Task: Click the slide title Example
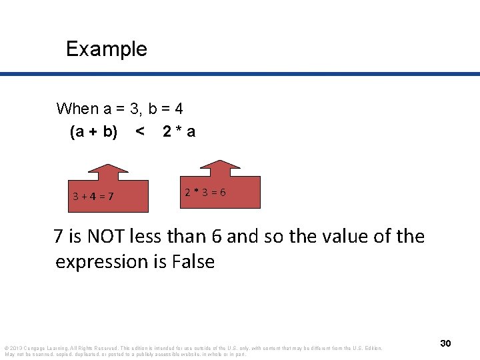pos(107,49)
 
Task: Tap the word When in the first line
pos(77,109)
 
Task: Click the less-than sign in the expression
pos(139,132)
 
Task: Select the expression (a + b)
pos(93,132)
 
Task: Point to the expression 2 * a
pos(179,132)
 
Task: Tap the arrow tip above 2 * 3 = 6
pos(214,161)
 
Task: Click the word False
pos(193,262)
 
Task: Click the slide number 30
pos(445,343)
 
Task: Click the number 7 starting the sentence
pos(59,237)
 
